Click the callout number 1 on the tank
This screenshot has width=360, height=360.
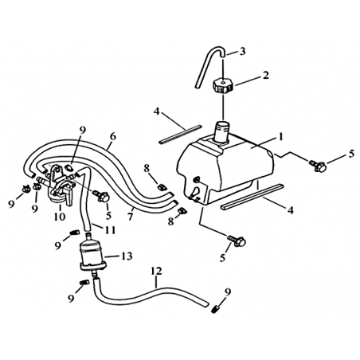tap(280, 137)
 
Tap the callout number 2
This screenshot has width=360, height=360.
tap(265, 75)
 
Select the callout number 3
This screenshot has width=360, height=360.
tap(242, 52)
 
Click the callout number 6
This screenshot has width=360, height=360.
tap(113, 137)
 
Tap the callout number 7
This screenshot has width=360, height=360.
tap(130, 217)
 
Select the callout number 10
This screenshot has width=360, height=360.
tap(60, 217)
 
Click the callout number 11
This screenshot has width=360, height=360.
tap(111, 230)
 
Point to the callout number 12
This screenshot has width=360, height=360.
tap(156, 271)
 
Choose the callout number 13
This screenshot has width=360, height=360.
tap(127, 256)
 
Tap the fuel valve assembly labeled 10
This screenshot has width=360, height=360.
tap(60, 186)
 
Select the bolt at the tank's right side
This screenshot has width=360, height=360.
tap(317, 166)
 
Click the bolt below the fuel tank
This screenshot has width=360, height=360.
tap(237, 241)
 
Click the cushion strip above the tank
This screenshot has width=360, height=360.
tap(179, 135)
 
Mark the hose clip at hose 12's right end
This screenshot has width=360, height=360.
tap(217, 309)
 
